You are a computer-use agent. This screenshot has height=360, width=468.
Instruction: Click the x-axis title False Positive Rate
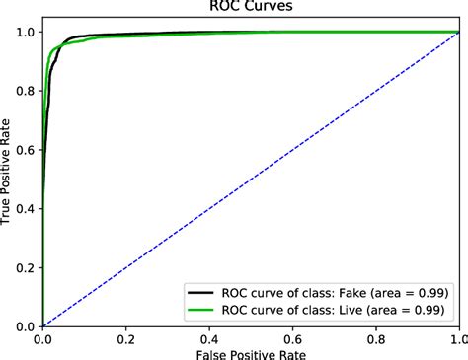[x=251, y=352]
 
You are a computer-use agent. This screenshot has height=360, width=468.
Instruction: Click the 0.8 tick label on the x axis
[x=376, y=335]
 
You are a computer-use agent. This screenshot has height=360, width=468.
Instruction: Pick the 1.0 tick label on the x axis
[x=457, y=335]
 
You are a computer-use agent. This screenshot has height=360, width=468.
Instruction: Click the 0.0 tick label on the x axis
[x=42, y=335]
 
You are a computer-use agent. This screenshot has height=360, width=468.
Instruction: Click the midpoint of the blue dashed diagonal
[x=251, y=179]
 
